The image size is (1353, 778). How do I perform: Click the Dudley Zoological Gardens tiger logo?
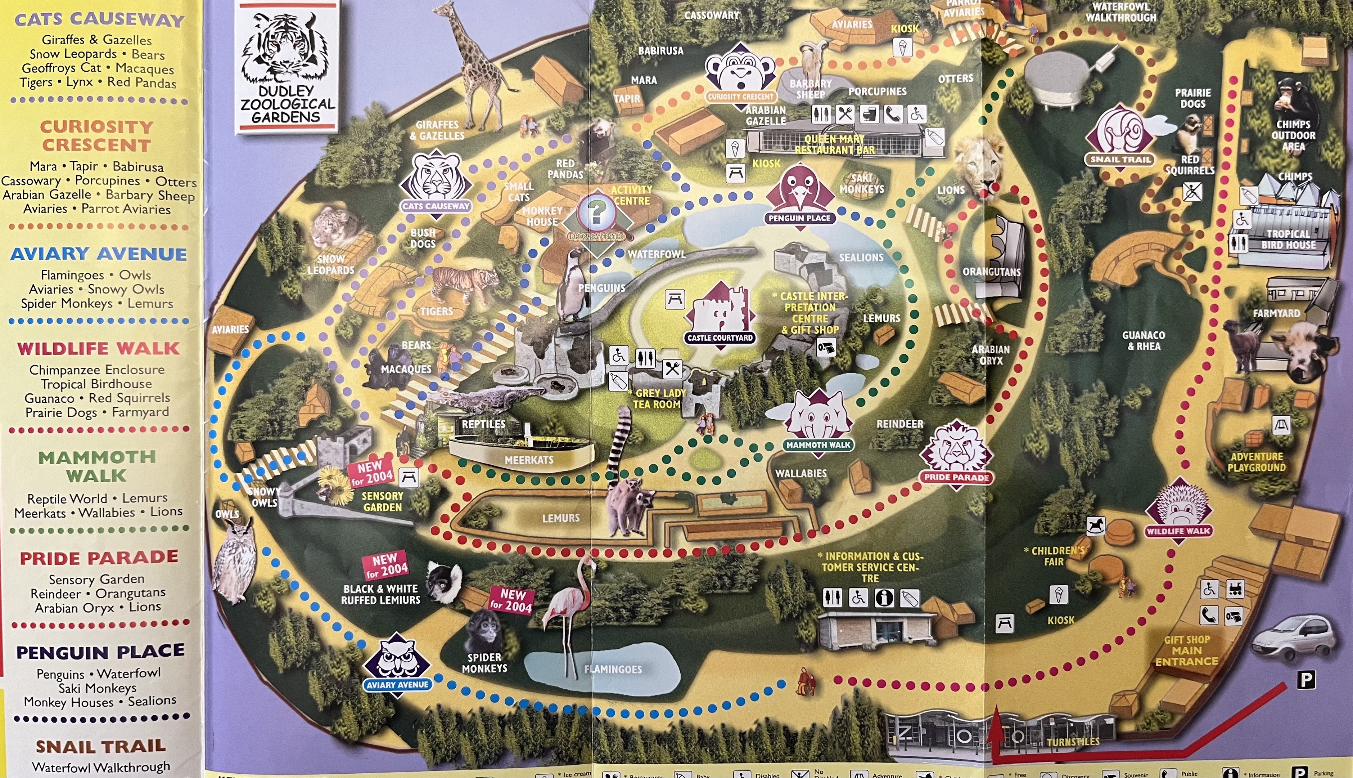tap(287, 67)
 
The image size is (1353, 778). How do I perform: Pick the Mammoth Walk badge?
tap(818, 422)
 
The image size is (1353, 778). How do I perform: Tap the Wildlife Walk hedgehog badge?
tap(1178, 510)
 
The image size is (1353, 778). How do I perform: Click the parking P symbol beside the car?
tap(1306, 680)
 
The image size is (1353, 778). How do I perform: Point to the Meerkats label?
tap(529, 460)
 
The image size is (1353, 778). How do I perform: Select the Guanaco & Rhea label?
tap(1143, 340)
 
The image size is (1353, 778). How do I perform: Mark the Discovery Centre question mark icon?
tap(596, 214)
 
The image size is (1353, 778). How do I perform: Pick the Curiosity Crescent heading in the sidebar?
tap(96, 136)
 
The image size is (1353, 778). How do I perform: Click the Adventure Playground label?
tap(1256, 462)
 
